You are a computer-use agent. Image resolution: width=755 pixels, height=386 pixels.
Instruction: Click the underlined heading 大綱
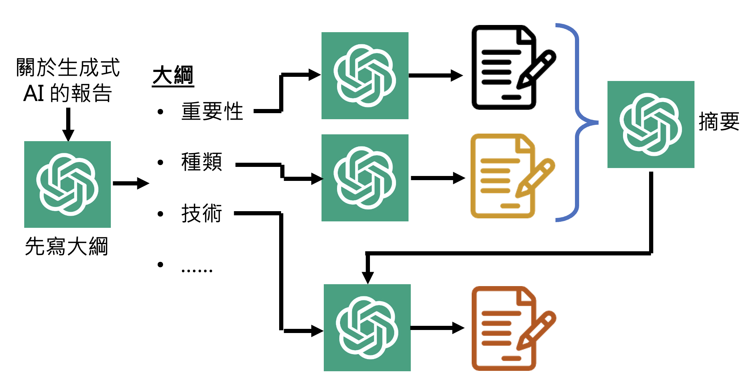point(173,75)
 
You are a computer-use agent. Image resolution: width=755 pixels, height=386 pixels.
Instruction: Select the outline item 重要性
point(212,111)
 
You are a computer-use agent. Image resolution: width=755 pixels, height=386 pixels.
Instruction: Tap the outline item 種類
point(202,162)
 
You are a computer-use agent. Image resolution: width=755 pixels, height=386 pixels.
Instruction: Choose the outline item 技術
point(202,213)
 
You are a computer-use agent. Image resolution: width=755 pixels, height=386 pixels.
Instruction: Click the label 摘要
point(719,121)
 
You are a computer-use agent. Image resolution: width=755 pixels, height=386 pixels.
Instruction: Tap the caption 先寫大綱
point(67,246)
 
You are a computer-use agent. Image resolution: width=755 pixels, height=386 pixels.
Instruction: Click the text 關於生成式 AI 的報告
point(68,80)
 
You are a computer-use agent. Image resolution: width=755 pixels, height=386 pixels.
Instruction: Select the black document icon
point(503,68)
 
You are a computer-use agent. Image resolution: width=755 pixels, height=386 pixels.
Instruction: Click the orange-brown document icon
point(503,328)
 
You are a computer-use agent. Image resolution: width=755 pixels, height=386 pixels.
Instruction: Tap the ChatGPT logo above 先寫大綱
point(67,184)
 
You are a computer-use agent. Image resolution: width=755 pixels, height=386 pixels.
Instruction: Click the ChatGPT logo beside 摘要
point(651,125)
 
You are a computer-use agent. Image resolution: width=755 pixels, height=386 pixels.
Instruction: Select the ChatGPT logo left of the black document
point(365,76)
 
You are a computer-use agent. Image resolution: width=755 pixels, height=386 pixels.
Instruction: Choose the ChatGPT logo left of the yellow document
point(365,178)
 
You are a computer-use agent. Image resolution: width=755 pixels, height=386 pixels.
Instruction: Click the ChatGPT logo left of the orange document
point(367,328)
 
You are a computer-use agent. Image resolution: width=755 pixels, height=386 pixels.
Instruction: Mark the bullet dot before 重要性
point(160,112)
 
